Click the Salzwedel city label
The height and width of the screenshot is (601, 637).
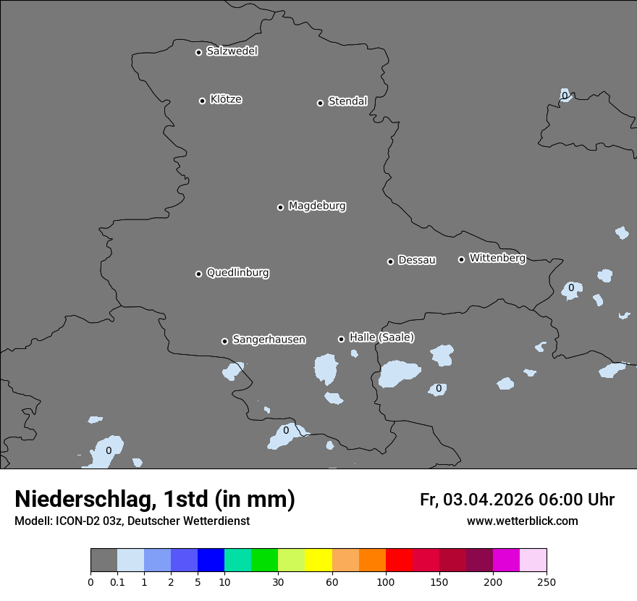pyautogui.click(x=232, y=51)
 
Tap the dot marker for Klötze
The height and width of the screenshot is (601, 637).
pyautogui.click(x=203, y=101)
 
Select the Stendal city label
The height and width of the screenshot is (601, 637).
pyautogui.click(x=347, y=101)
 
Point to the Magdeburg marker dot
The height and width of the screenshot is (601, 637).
pyautogui.click(x=280, y=207)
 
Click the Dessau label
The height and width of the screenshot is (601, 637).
pyautogui.click(x=417, y=260)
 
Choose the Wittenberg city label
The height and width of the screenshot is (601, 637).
pyautogui.click(x=497, y=258)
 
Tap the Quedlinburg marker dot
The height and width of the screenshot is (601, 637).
pyautogui.click(x=198, y=274)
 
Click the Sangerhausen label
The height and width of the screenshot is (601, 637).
pyautogui.click(x=269, y=340)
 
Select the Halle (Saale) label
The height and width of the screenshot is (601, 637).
pyautogui.click(x=381, y=337)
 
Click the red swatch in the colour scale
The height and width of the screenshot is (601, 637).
pyautogui.click(x=399, y=560)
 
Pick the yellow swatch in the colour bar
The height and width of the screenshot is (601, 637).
pyautogui.click(x=318, y=560)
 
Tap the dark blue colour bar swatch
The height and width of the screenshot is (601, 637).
pyautogui.click(x=211, y=560)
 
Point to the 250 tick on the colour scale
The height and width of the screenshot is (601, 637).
pyautogui.click(x=547, y=581)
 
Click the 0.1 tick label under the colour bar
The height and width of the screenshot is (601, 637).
pyautogui.click(x=117, y=581)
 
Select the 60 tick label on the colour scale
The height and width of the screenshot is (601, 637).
pyautogui.click(x=332, y=581)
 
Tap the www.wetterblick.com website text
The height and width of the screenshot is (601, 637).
pyautogui.click(x=522, y=521)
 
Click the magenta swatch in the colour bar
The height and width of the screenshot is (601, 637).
pyautogui.click(x=506, y=560)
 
